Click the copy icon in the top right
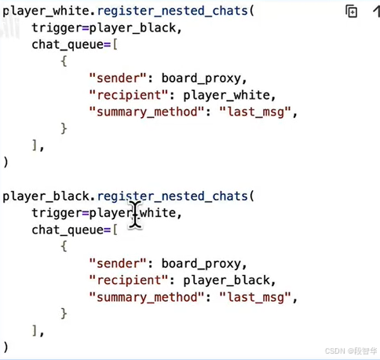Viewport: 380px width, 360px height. coord(351,11)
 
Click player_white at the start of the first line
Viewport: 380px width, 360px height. coord(46,12)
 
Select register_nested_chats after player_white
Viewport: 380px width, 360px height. coord(173,12)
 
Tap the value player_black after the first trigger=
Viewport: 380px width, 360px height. coord(133,28)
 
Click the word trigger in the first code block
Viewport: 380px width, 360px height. coord(57,29)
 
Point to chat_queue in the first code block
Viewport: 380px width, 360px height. coord(68,45)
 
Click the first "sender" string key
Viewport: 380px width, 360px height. coord(118,78)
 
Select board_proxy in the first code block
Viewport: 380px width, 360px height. coord(201,79)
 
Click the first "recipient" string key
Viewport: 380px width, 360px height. coord(128,95)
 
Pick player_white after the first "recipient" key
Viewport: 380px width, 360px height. coord(226,95)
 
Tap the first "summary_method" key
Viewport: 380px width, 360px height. coord(146,112)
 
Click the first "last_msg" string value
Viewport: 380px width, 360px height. coord(255,112)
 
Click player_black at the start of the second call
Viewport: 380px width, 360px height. coord(46,197)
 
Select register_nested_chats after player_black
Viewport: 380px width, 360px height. coord(173,197)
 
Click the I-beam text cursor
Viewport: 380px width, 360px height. coord(135,215)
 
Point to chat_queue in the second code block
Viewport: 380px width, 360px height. coord(68,230)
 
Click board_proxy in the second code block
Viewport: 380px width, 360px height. coord(201,264)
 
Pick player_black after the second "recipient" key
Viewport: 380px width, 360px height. coord(226,281)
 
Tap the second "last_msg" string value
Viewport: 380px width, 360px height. coord(255,297)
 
